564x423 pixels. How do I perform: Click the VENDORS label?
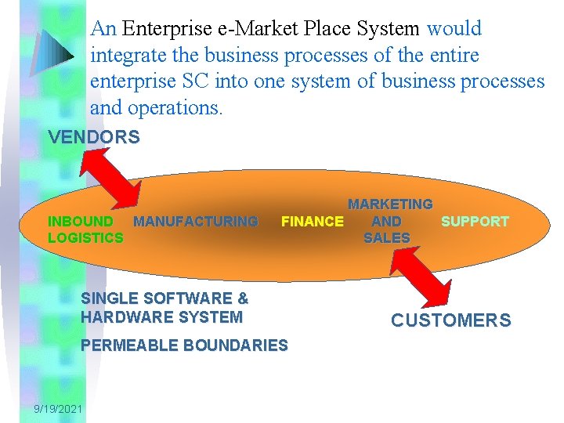(x=94, y=138)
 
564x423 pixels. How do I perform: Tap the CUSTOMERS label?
(x=450, y=320)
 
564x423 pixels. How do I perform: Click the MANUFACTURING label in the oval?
(x=195, y=222)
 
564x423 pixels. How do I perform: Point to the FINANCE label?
(x=312, y=222)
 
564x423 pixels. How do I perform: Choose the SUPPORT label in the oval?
(x=475, y=222)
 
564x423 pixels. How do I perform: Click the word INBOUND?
(x=81, y=222)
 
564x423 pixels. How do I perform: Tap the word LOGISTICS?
(x=85, y=237)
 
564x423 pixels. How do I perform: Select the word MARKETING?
(x=390, y=204)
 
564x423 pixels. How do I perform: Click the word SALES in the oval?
(x=387, y=237)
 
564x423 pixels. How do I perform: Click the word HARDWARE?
(x=125, y=317)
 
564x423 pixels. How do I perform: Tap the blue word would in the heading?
(x=454, y=29)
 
